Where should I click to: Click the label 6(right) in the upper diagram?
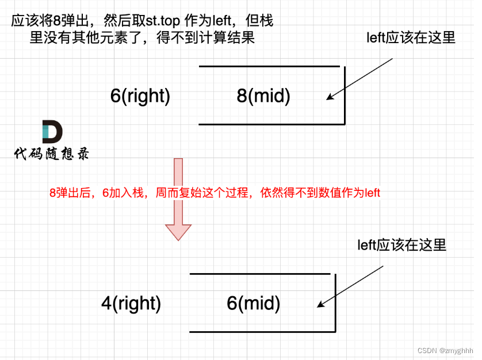[140, 95]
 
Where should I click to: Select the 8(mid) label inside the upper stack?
[263, 95]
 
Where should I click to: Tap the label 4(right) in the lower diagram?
[131, 303]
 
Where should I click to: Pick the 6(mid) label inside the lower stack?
[254, 303]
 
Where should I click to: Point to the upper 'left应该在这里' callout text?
[411, 38]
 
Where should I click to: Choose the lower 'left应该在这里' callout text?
[401, 245]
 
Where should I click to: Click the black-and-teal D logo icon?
[52, 132]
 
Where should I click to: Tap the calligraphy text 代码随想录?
[52, 154]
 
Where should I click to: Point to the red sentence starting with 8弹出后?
[215, 193]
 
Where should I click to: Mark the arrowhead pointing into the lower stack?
[319, 306]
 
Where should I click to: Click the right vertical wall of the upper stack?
[344, 95]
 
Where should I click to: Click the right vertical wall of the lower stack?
[335, 302]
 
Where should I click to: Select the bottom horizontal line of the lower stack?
[262, 332]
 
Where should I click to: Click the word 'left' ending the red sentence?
[372, 193]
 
